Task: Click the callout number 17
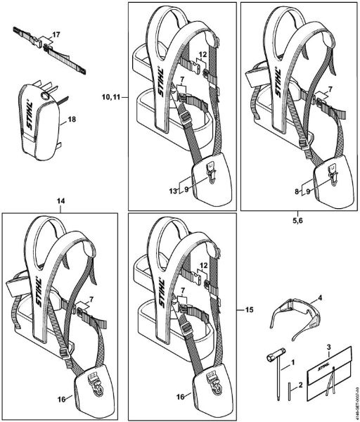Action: (56, 34)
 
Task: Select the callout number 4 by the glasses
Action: (321, 298)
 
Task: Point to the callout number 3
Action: (327, 348)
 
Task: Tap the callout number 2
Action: (302, 384)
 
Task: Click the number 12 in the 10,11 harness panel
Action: (201, 54)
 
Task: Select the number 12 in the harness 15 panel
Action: (202, 266)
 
